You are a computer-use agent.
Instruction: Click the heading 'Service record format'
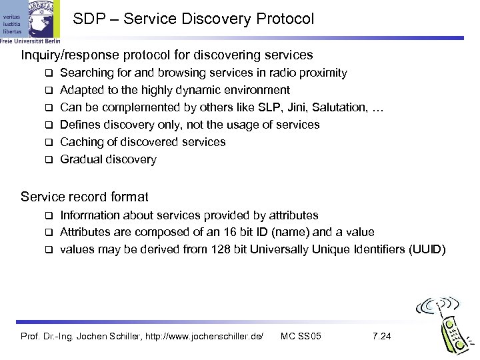pyautogui.click(x=85, y=197)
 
